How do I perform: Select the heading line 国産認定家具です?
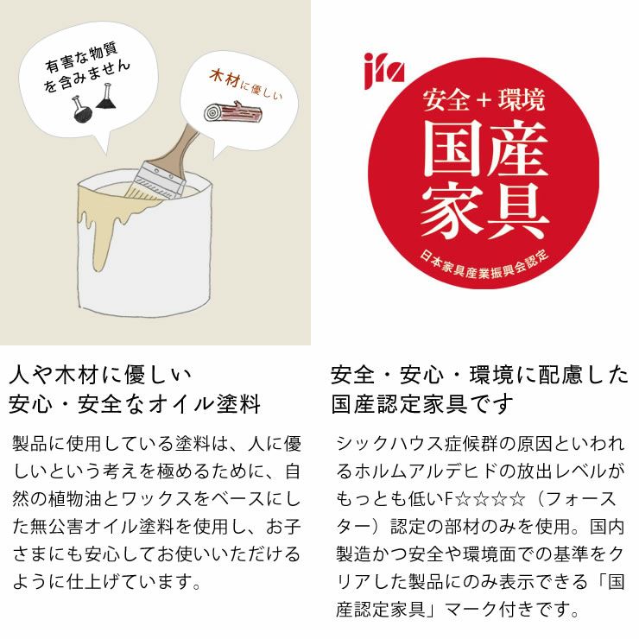click(422, 404)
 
